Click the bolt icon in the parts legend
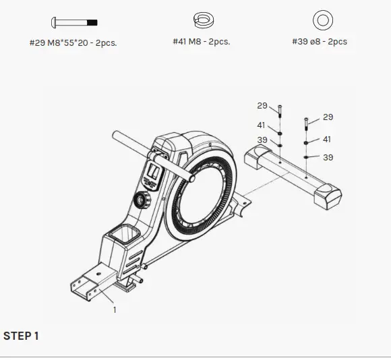tap(74, 22)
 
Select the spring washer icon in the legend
tap(201, 21)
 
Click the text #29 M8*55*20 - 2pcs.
tap(73, 42)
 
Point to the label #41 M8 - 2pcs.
tap(201, 42)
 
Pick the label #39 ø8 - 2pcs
tap(320, 42)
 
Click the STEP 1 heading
tap(21, 335)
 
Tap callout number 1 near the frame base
tap(115, 309)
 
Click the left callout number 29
tap(262, 106)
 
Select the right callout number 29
tap(328, 117)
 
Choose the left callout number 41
tap(262, 125)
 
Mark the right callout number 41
tap(328, 140)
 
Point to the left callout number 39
tap(262, 140)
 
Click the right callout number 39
tap(328, 158)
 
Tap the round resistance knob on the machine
tap(142, 200)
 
